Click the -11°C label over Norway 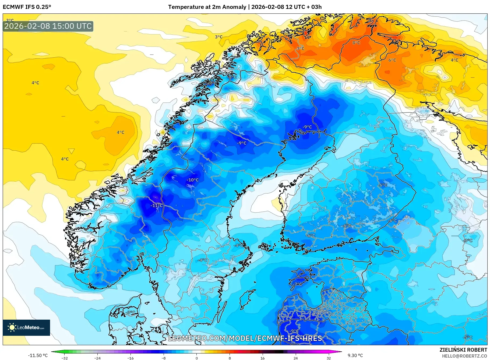(x=157, y=206)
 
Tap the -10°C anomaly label (x=193, y=180)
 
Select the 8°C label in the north (x=356, y=43)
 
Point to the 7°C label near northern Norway (x=300, y=48)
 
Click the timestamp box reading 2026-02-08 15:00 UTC (x=48, y=26)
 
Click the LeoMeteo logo (x=26, y=327)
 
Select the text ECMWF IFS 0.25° (x=27, y=7)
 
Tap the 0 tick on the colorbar (x=196, y=358)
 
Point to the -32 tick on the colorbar (x=65, y=358)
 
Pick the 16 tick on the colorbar (x=262, y=358)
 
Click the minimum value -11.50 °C (x=38, y=355)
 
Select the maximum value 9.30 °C (x=355, y=355)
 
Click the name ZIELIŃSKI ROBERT (x=463, y=350)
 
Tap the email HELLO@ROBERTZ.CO (x=464, y=356)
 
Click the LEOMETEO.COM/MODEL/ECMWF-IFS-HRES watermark (x=245, y=338)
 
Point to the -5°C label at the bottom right (x=468, y=337)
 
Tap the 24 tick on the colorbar (x=295, y=358)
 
